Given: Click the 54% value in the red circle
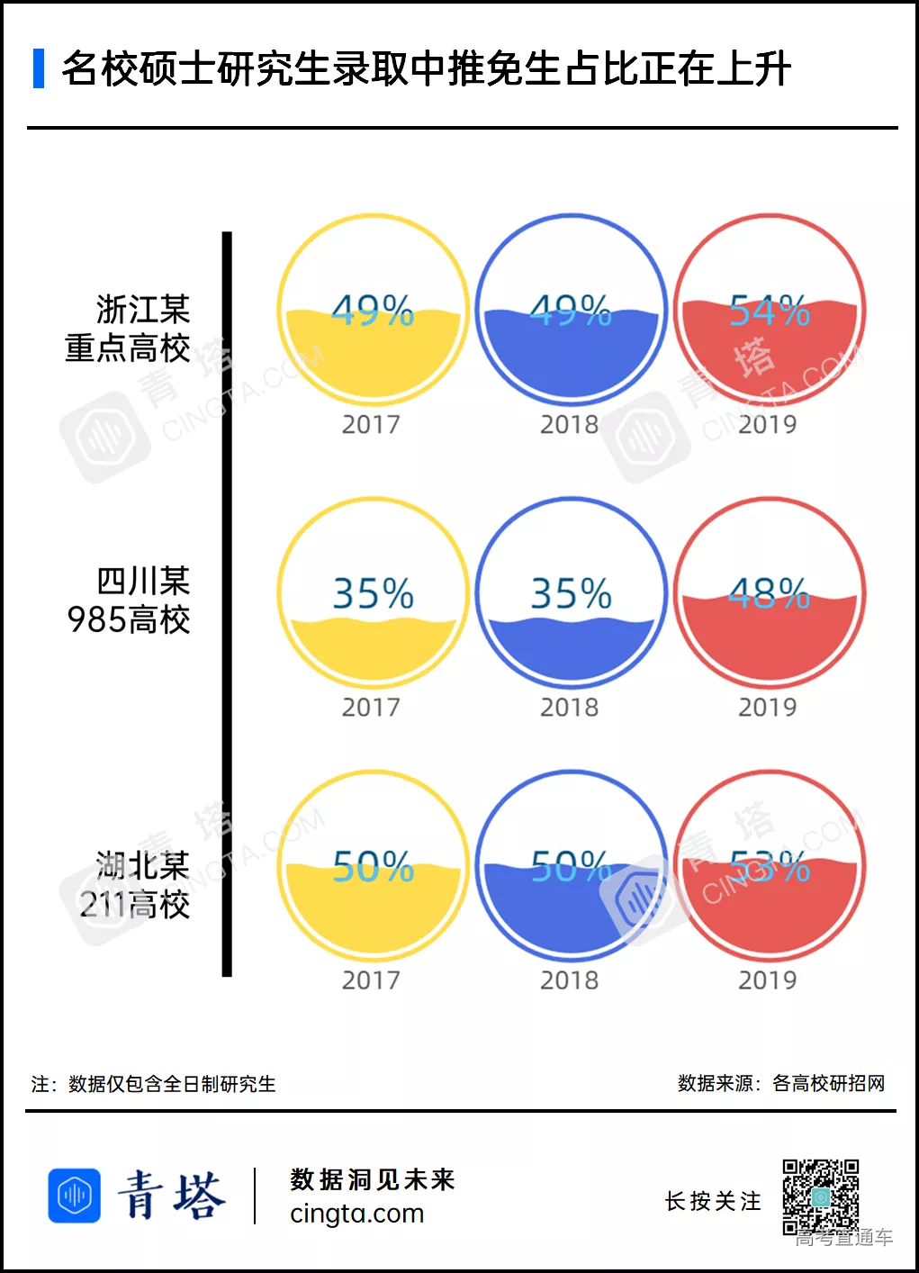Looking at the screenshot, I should (770, 311).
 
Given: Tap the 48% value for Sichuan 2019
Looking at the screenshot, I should (770, 593).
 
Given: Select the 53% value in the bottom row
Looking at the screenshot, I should (770, 867).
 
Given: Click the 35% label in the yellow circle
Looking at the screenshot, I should (373, 593).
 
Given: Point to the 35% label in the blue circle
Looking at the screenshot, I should (571, 593).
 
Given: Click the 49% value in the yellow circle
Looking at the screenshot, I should (373, 311).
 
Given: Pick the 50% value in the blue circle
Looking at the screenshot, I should (571, 867).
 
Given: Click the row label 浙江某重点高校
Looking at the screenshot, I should (129, 329).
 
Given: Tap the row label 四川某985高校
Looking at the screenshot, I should (129, 600).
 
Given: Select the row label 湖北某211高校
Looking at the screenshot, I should (135, 885).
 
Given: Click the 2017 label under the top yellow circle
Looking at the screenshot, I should (371, 424).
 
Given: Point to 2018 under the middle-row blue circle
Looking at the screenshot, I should (569, 708).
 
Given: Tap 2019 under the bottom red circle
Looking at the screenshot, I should (768, 980).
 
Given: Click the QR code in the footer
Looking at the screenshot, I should (820, 1196).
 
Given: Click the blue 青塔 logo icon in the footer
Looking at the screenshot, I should (74, 1196).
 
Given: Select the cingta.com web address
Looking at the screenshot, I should (356, 1214).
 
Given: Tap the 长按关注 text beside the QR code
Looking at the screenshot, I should (713, 1201).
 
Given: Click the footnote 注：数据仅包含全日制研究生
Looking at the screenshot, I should (154, 1084).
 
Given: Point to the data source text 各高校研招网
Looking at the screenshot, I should (828, 1083).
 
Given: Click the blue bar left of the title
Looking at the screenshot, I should (39, 68).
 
